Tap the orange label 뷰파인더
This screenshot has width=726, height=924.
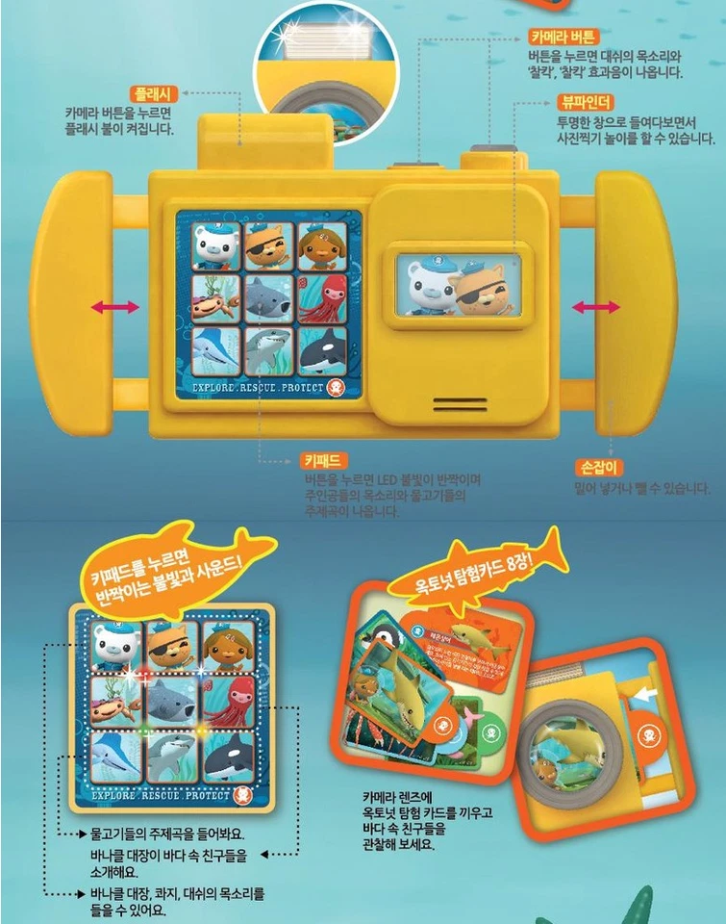585,101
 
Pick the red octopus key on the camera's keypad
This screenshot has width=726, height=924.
321,299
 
